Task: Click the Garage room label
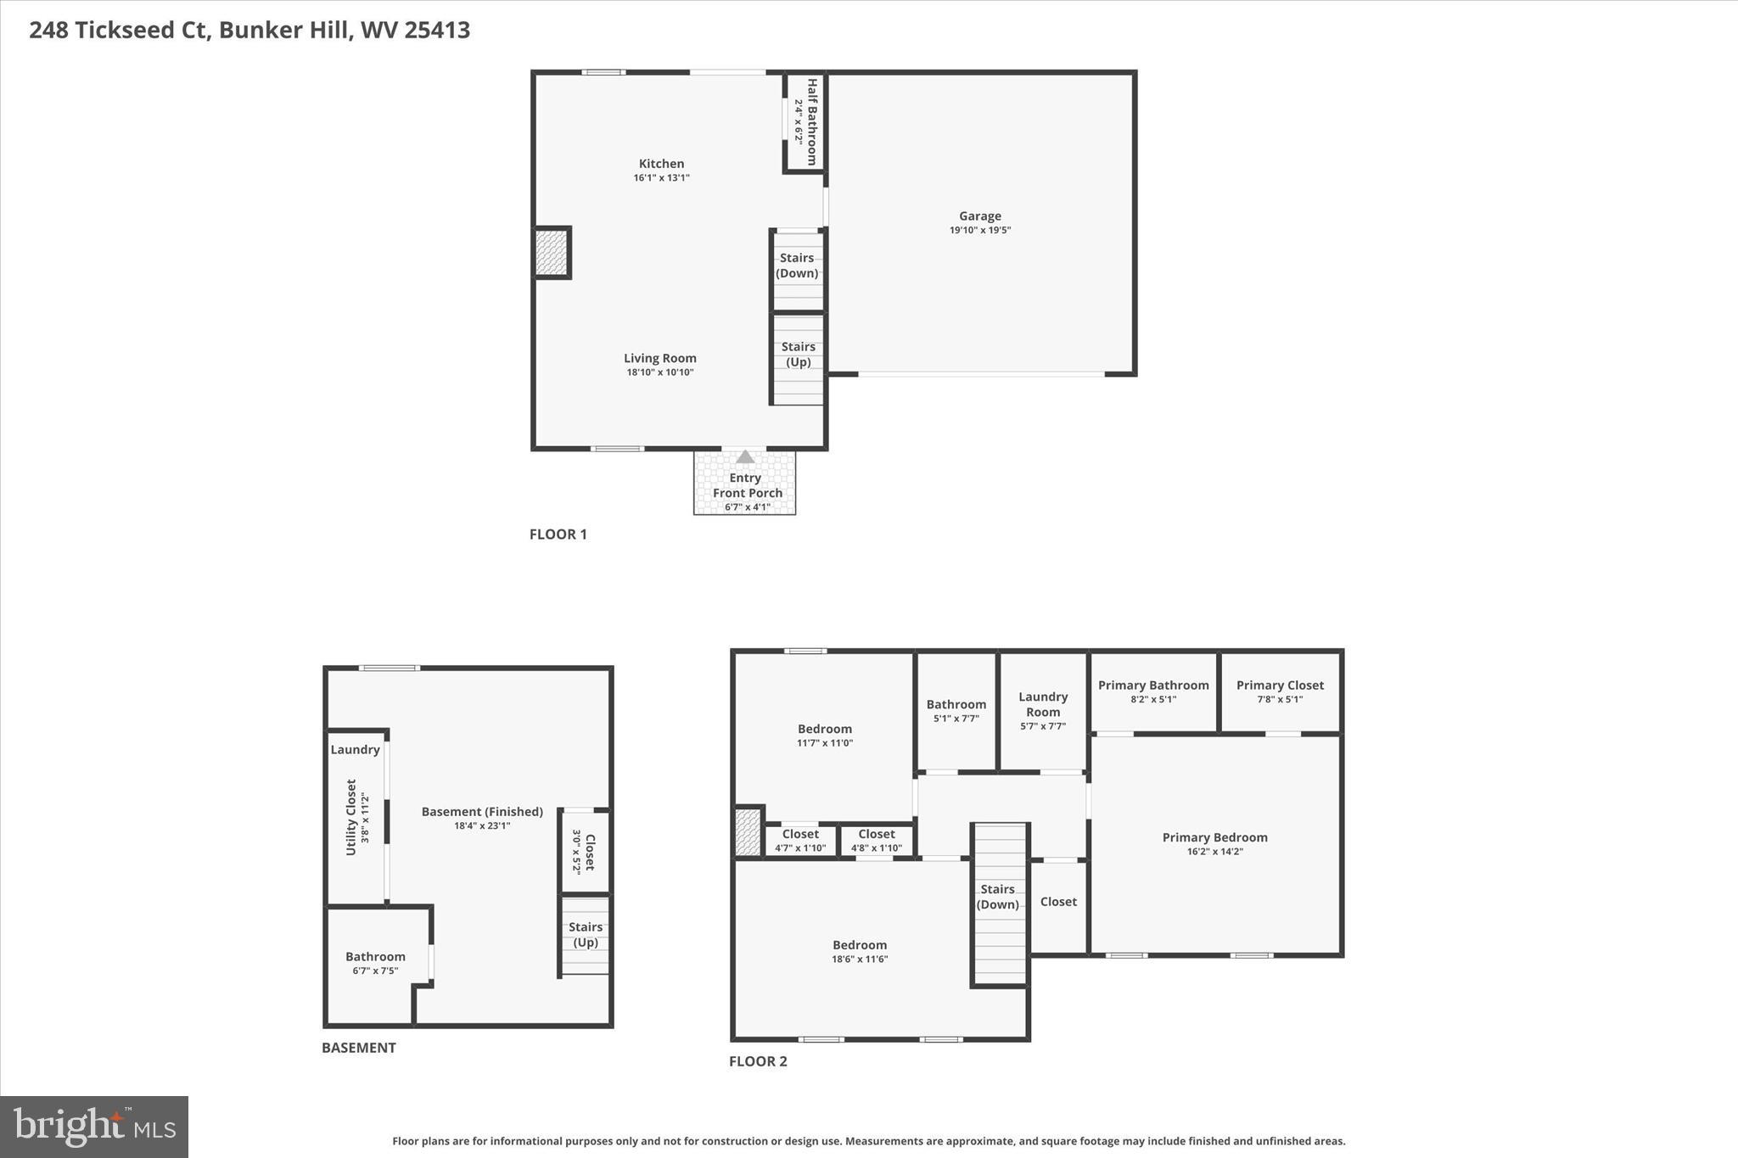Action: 979,216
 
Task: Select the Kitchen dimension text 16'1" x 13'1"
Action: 661,178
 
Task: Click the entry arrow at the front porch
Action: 744,457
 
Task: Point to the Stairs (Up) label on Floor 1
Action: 798,354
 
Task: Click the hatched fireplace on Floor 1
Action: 551,253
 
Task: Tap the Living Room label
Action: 659,358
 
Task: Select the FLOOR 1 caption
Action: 558,534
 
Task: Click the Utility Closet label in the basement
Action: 351,816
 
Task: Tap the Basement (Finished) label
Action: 482,812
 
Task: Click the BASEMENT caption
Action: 358,1048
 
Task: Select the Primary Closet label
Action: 1280,685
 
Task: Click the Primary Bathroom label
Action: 1153,685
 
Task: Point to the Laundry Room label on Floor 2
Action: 1043,704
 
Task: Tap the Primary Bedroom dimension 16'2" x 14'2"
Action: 1214,852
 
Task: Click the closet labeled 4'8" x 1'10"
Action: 877,840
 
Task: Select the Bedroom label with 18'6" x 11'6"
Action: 860,945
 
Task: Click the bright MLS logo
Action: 94,1127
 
